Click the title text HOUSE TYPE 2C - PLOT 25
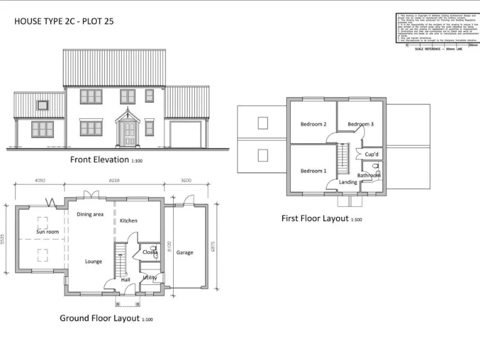point(64,21)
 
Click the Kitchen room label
point(128,221)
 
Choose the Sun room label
point(47,232)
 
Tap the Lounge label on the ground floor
point(93,261)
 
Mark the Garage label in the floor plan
point(184,252)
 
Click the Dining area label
point(90,214)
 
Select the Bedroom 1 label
point(313,171)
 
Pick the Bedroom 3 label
point(361,124)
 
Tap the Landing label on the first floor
point(348,182)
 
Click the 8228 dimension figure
point(114,181)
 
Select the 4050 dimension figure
point(40,181)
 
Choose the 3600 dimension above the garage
point(186,181)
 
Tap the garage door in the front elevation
point(186,134)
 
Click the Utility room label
point(149,277)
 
